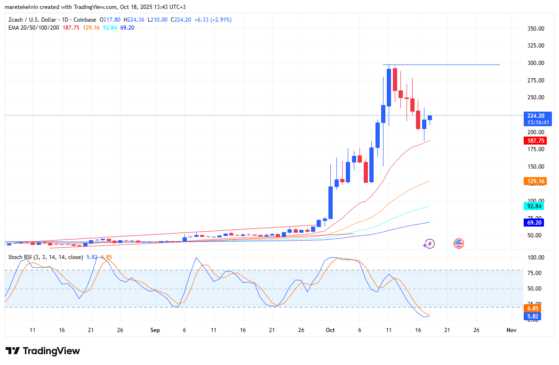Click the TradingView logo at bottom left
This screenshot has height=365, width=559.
coord(42,351)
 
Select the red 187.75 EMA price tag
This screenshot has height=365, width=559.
coord(535,141)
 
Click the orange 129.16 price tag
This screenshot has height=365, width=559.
coord(535,181)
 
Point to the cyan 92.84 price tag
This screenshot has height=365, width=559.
coord(535,206)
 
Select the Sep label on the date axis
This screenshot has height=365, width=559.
coord(155,330)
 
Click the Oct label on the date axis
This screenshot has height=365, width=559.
coord(330,330)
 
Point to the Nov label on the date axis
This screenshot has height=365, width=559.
coord(511,330)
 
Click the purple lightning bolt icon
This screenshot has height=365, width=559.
coord(429,243)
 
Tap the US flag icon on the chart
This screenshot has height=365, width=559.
coord(459,243)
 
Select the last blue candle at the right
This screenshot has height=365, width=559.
coord(430,118)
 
